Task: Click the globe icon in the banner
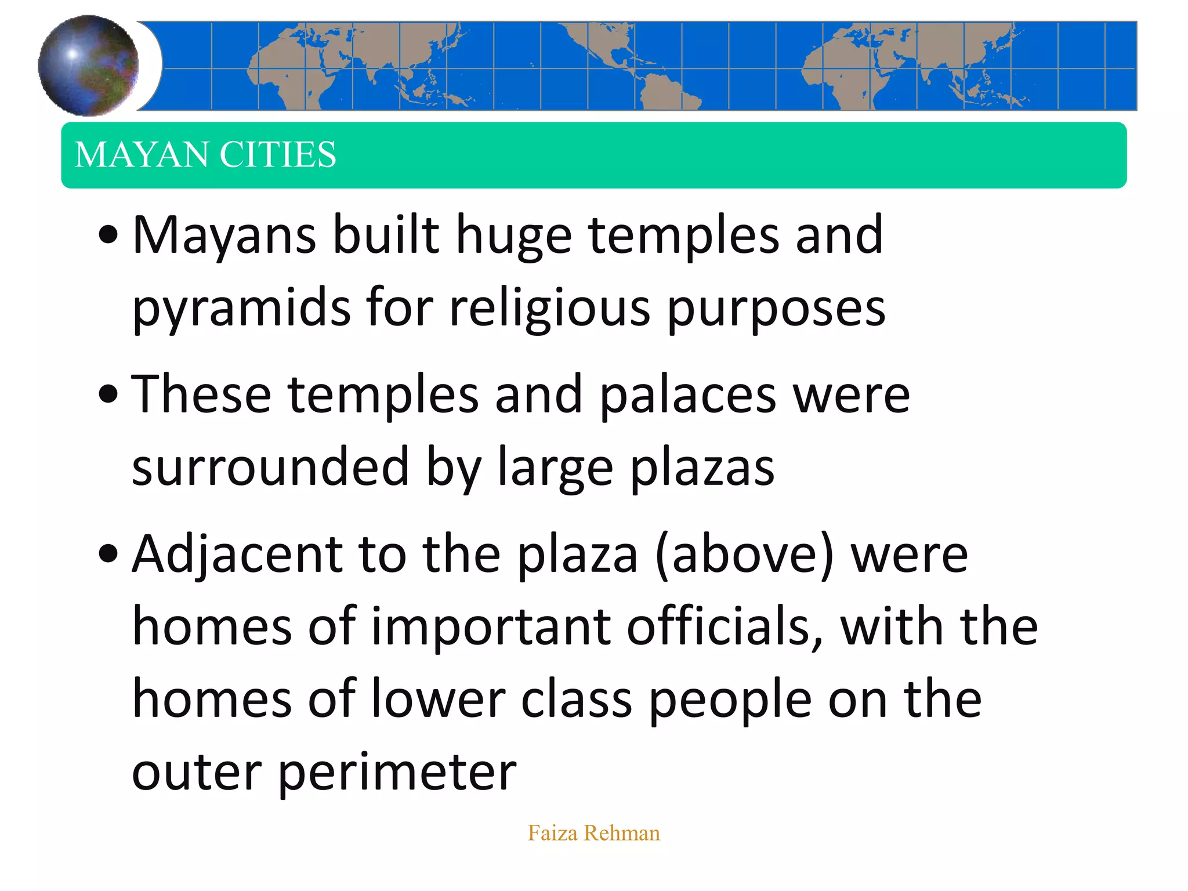tap(88, 65)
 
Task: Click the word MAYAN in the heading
tap(141, 155)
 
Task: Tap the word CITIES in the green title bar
tap(278, 155)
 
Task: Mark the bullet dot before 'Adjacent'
tap(108, 554)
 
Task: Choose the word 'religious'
tap(549, 308)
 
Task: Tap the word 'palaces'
tap(687, 395)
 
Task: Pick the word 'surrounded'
tap(270, 467)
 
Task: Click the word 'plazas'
tap(702, 468)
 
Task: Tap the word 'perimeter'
tap(397, 773)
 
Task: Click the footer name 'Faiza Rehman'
tap(593, 833)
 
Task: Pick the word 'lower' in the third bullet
tap(438, 700)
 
